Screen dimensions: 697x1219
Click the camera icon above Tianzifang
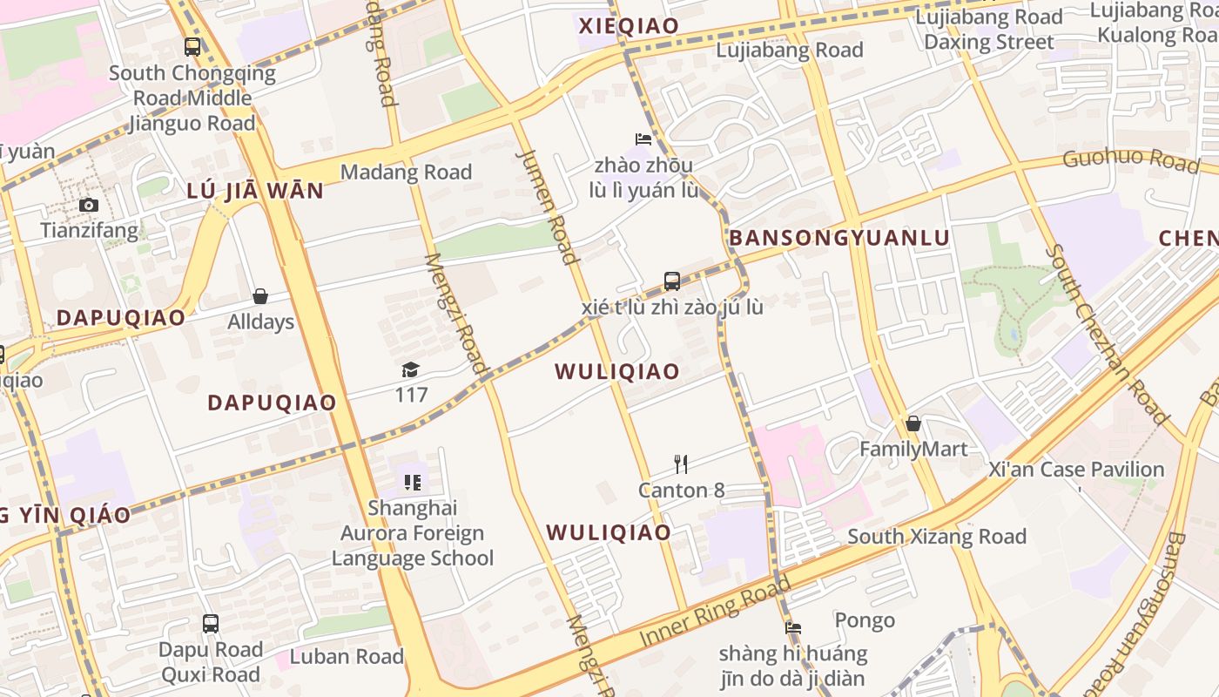click(x=88, y=206)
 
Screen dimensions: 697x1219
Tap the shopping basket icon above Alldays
click(x=259, y=296)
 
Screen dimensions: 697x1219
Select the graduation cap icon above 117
click(x=410, y=370)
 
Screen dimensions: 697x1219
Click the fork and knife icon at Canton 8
click(x=681, y=464)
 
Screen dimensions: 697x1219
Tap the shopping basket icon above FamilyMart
click(x=913, y=424)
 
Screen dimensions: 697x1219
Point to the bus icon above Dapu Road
click(x=210, y=624)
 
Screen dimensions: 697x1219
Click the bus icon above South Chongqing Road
click(x=192, y=47)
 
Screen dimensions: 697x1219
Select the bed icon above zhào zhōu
click(x=643, y=139)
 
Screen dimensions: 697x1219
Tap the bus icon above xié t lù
click(x=671, y=281)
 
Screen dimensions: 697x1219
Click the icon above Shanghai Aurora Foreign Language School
click(x=413, y=482)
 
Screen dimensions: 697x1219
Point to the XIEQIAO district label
click(x=629, y=26)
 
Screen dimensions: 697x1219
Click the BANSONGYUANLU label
click(x=839, y=238)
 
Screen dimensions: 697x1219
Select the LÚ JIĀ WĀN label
click(x=255, y=191)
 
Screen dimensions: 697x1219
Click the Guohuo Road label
click(x=1130, y=160)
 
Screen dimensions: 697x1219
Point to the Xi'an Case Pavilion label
click(x=1076, y=470)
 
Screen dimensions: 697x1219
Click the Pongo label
click(x=865, y=620)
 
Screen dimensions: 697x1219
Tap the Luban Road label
click(x=347, y=657)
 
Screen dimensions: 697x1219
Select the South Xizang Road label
click(x=937, y=537)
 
